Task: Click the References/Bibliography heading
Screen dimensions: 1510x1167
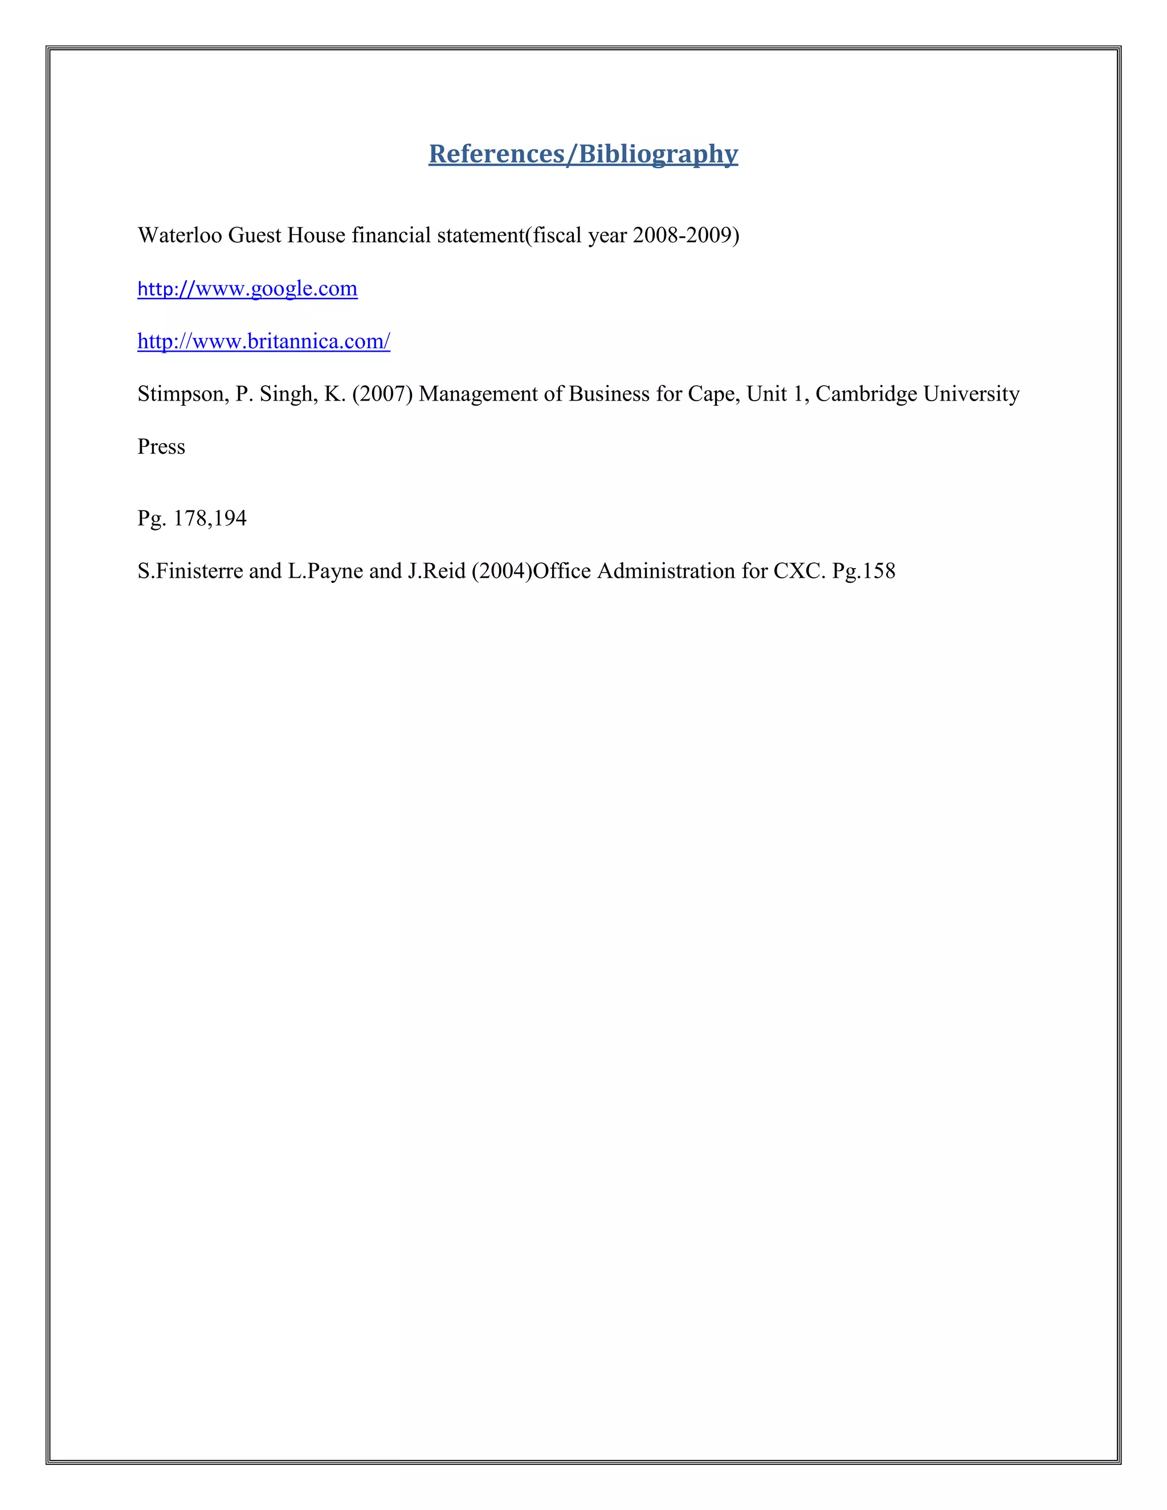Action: point(583,153)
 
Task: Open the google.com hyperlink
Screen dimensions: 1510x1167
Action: point(247,288)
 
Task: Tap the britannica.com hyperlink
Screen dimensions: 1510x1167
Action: point(263,341)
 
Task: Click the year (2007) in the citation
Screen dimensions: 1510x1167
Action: point(382,394)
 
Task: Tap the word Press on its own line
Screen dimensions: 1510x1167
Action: point(161,447)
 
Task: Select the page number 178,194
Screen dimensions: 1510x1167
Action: point(210,519)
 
